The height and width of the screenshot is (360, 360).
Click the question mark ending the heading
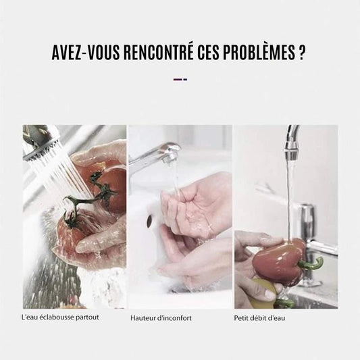tap(301, 53)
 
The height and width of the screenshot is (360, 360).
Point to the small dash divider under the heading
tap(180, 80)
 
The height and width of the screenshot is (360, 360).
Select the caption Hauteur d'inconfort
tap(161, 317)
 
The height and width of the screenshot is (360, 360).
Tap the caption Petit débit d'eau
tap(259, 317)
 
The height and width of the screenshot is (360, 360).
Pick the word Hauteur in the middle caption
tap(143, 317)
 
